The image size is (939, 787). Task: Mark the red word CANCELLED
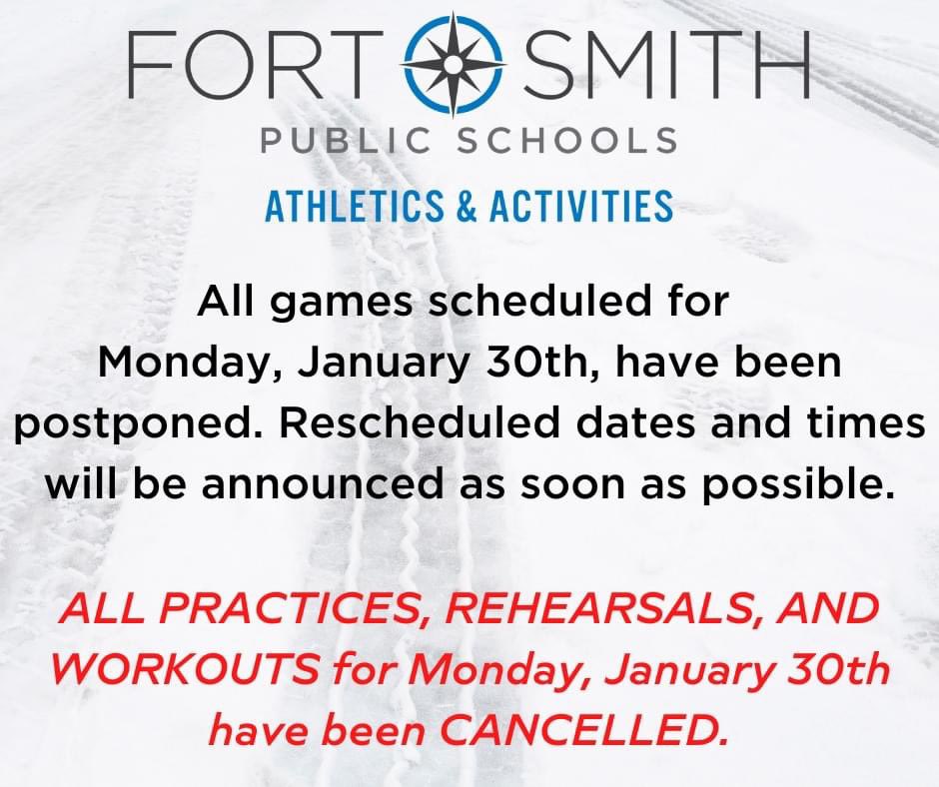(583, 729)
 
